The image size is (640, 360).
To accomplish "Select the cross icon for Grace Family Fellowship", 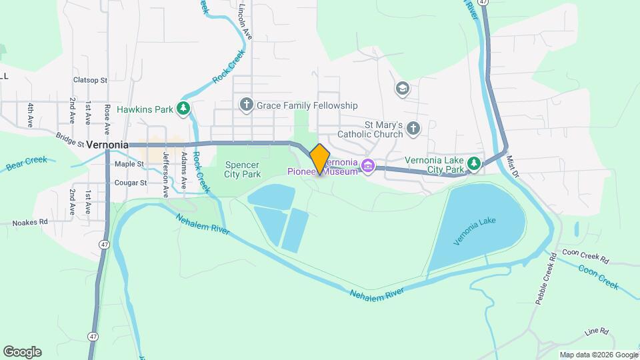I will [x=246, y=105].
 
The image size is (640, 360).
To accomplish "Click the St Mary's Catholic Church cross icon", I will [x=413, y=128].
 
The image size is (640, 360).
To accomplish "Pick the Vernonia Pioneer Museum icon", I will [x=367, y=165].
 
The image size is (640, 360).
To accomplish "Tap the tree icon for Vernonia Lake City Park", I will [x=474, y=163].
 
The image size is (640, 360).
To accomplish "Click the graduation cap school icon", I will [x=402, y=88].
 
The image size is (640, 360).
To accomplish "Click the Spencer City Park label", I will [x=243, y=169].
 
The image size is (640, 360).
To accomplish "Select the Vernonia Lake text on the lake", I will [x=475, y=230].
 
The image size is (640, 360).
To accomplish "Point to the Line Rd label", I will [x=596, y=331].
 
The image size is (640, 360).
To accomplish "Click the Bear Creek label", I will [x=27, y=163].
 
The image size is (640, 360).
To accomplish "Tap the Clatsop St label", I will [x=90, y=80].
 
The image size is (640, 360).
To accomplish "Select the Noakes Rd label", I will [x=30, y=222].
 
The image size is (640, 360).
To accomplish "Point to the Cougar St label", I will [x=130, y=183].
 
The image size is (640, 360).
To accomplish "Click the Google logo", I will [x=22, y=352].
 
